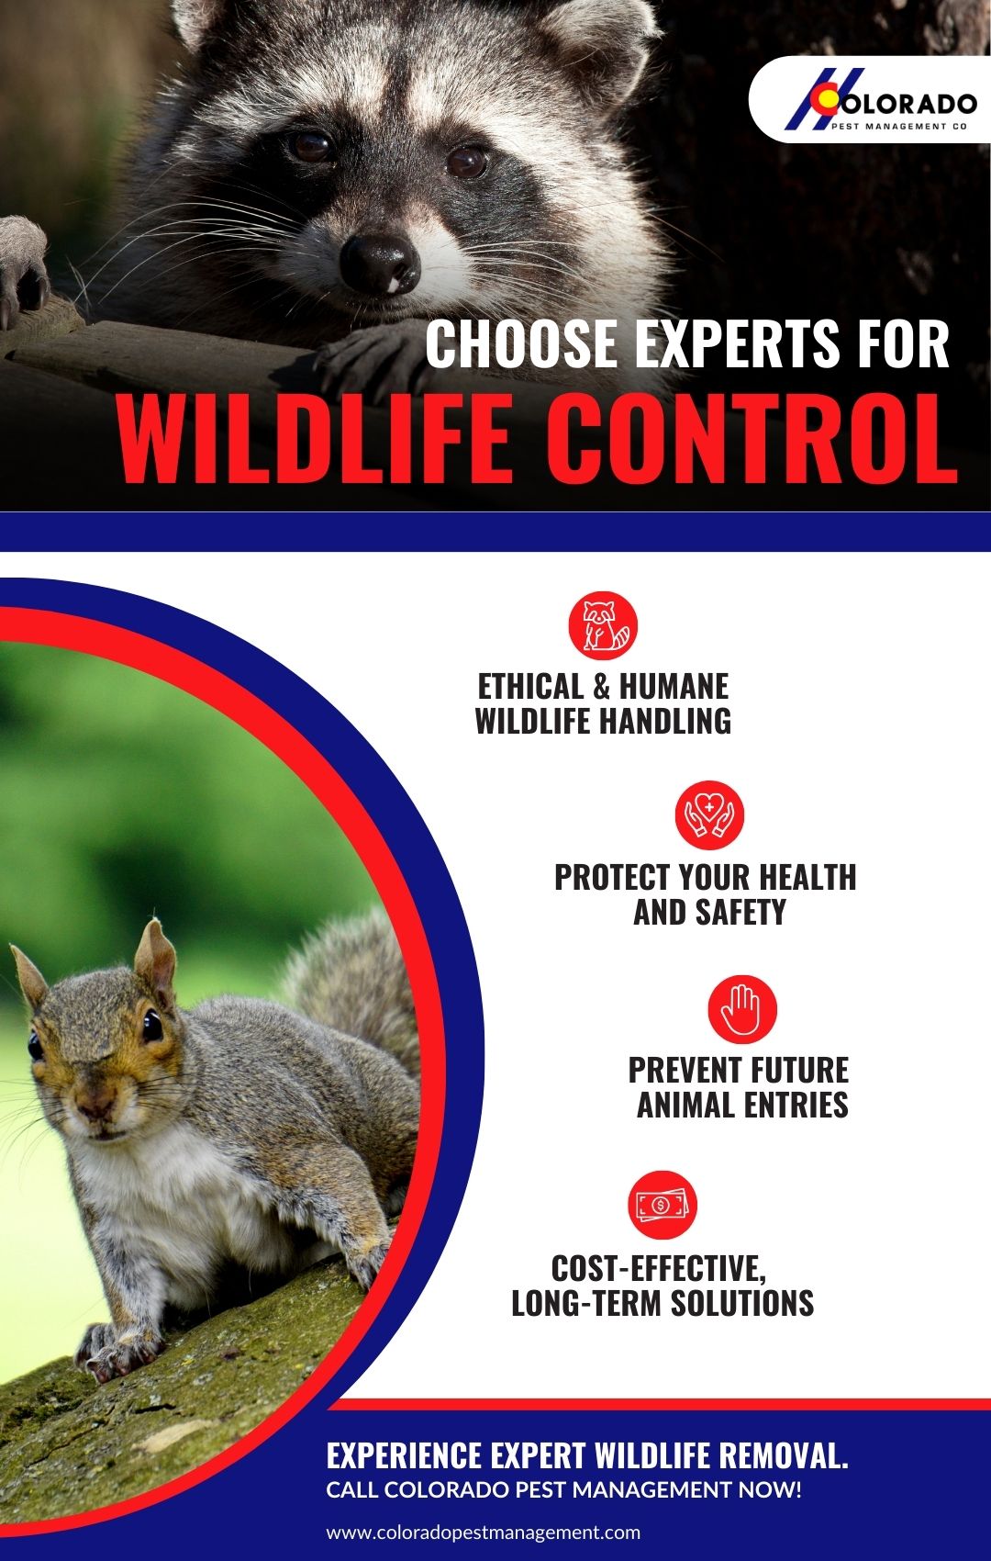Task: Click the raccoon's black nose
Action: pos(380,262)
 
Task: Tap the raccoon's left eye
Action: pos(311,146)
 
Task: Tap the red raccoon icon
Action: pos(603,626)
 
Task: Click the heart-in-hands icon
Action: pos(709,814)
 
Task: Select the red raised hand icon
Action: pos(741,1008)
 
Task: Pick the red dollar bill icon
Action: pos(663,1205)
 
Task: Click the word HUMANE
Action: pos(674,687)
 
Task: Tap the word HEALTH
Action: pos(807,877)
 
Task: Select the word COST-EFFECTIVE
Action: pos(659,1268)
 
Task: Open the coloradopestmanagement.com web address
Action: pos(484,1533)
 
